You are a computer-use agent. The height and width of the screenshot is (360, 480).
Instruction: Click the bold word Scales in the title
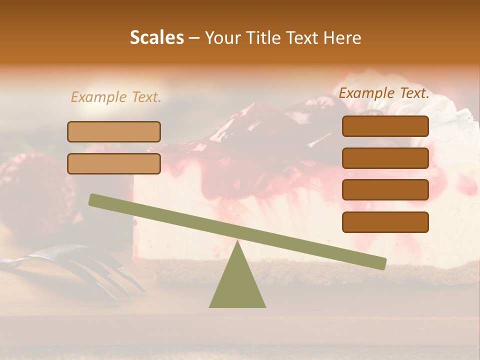pos(157,38)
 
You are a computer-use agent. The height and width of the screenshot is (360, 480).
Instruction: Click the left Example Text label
pos(116,97)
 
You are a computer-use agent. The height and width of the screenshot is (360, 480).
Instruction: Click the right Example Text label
pos(384,93)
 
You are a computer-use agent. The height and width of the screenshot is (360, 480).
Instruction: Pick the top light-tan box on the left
pos(114,131)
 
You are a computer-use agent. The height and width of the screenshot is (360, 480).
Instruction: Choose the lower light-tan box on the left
pos(114,163)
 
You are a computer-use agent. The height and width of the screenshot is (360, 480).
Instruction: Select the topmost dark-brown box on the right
pos(385,126)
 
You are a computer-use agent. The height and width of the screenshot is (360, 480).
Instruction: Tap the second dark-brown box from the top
pos(385,158)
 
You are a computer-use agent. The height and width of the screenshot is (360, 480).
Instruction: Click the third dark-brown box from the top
pos(385,189)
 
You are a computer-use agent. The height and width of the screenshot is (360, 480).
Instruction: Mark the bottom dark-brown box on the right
pos(385,222)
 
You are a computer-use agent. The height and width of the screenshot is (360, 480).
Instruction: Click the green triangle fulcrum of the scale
pos(237,282)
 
